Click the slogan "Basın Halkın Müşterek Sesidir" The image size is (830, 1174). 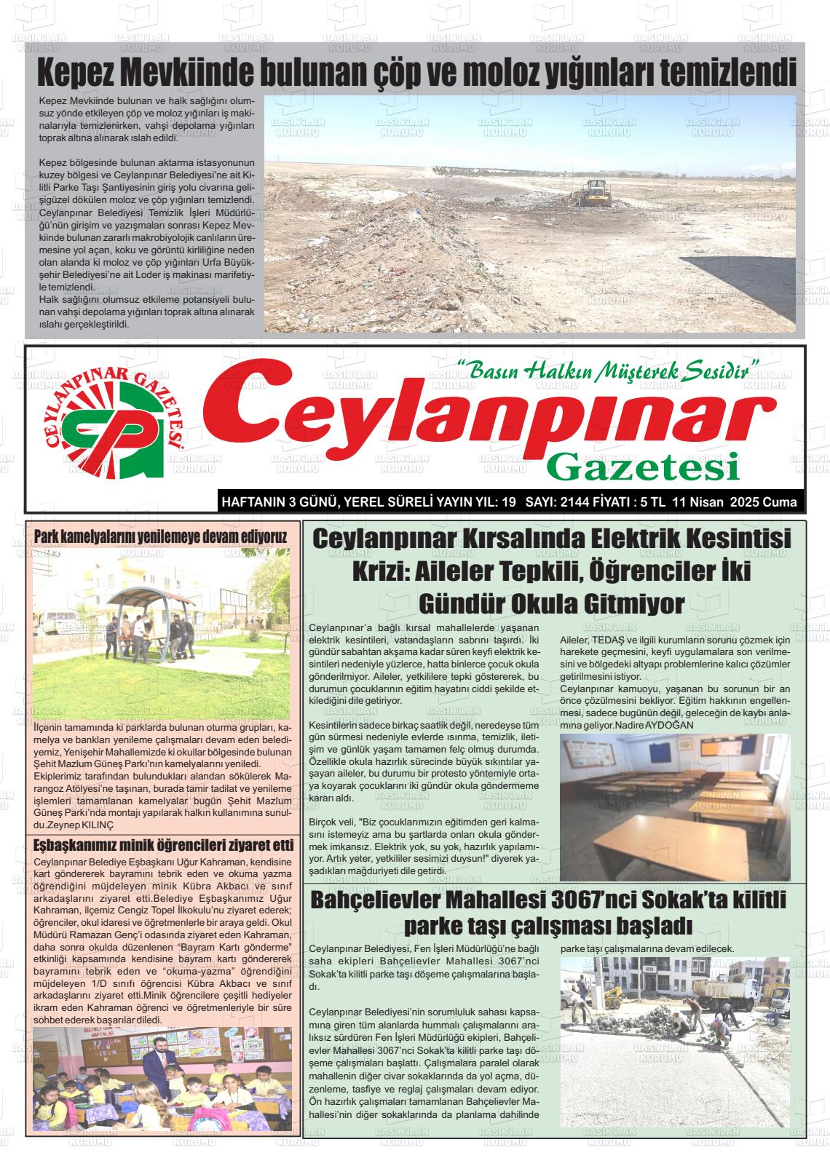tap(609, 372)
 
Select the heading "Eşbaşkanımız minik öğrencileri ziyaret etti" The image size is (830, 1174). tap(164, 845)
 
